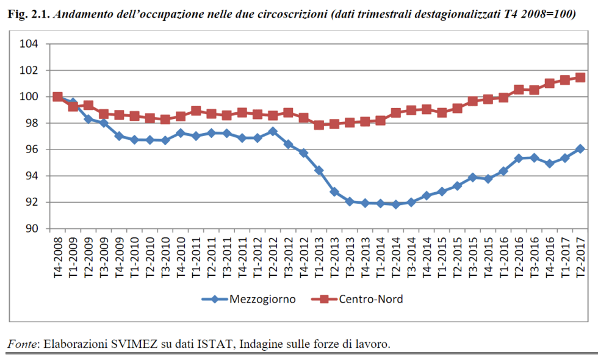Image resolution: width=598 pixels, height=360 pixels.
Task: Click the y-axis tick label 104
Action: (30, 44)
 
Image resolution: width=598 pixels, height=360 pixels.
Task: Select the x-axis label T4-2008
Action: (58, 257)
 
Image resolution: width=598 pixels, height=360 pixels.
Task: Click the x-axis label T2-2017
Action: (580, 257)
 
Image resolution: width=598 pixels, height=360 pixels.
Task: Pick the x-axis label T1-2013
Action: (319, 257)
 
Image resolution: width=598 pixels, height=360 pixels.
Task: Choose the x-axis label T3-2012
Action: (288, 257)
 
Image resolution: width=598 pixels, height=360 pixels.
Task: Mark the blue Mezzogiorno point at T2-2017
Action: (580, 148)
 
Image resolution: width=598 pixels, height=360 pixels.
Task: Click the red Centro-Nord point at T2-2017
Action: (580, 77)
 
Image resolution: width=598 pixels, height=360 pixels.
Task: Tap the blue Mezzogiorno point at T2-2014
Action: (396, 204)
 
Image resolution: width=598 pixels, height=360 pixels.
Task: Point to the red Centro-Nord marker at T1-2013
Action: (319, 125)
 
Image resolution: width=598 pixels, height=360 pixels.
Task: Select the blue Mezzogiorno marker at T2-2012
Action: (273, 131)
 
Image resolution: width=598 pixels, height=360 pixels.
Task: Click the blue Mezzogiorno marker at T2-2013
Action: (334, 192)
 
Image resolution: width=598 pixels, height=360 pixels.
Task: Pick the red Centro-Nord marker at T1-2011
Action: (196, 111)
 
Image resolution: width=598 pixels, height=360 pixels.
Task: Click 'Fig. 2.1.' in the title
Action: (27, 14)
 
